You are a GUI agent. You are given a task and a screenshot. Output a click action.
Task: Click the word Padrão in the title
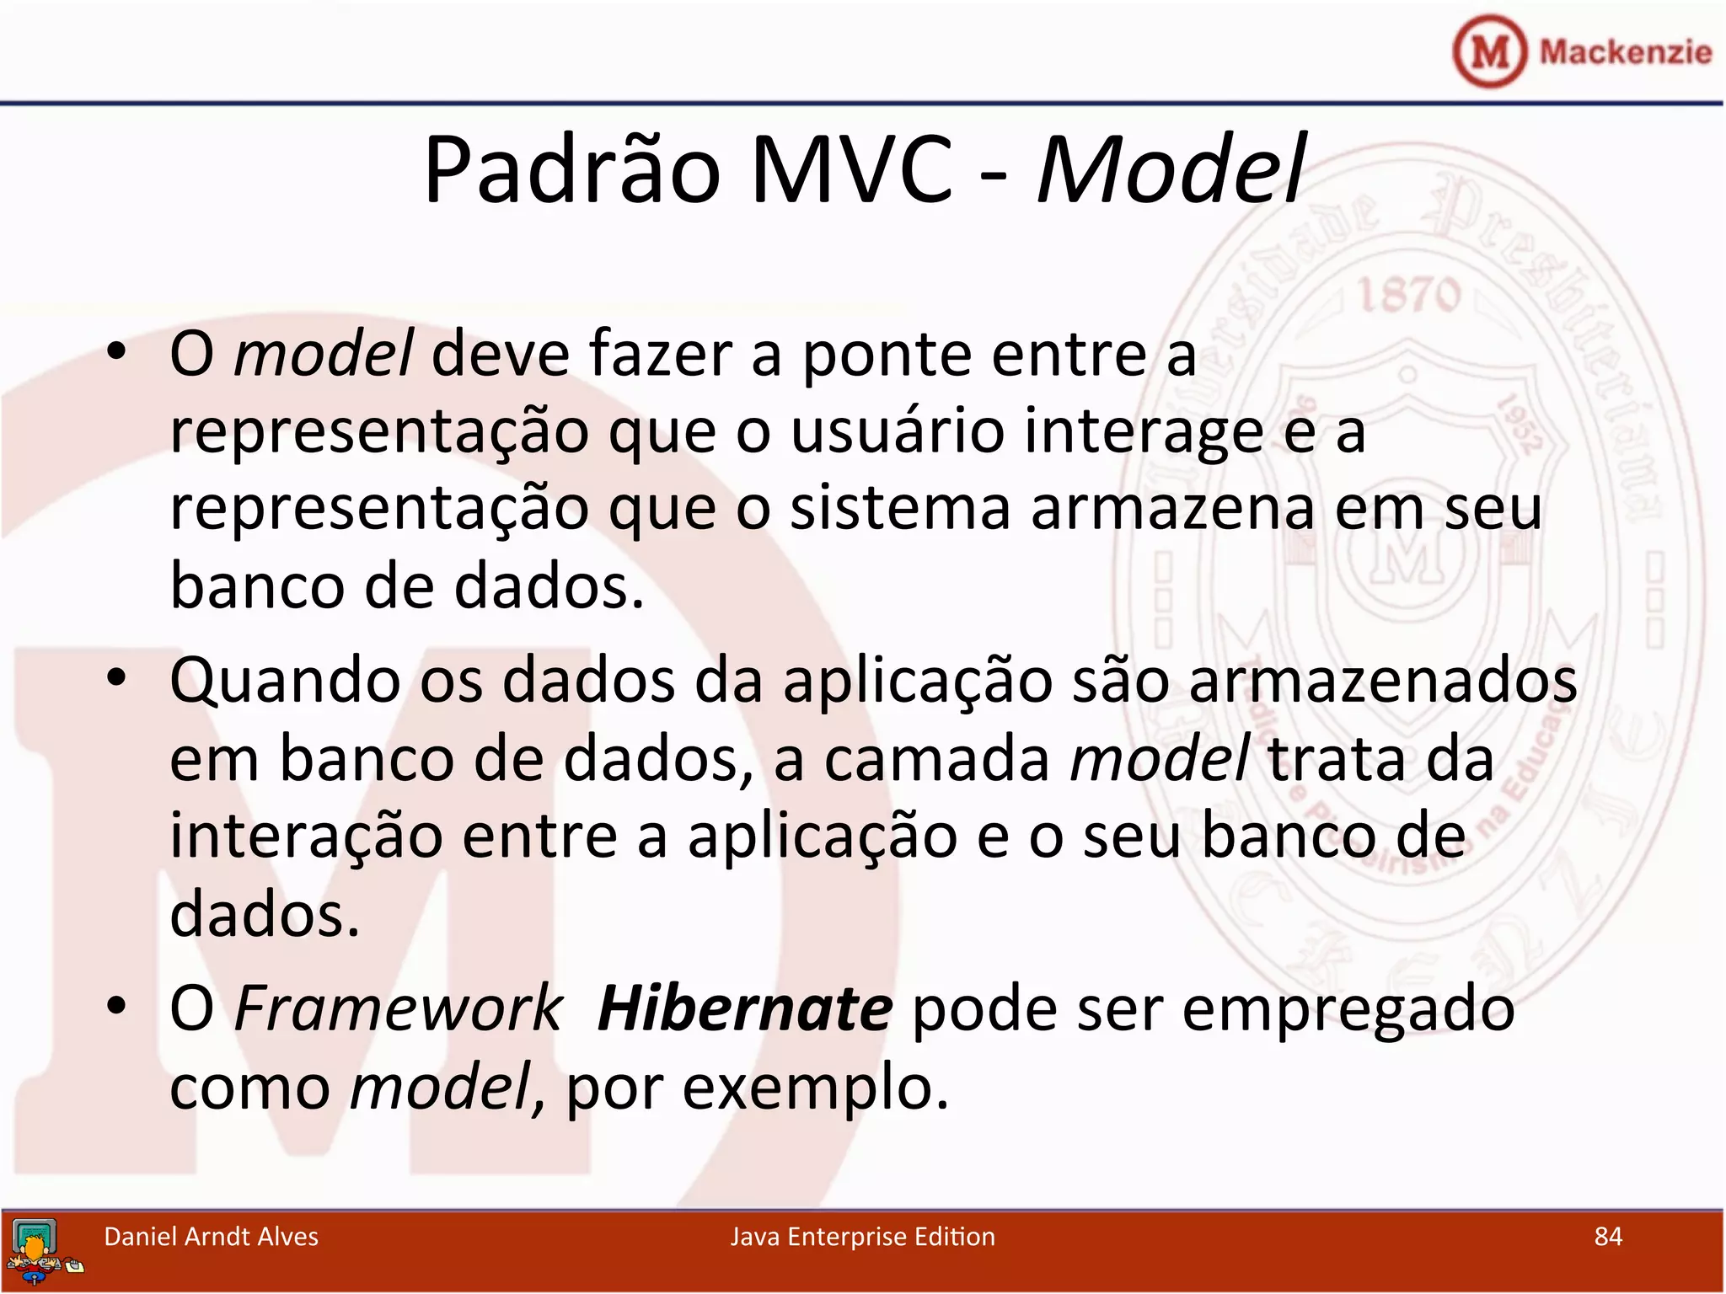pyautogui.click(x=572, y=171)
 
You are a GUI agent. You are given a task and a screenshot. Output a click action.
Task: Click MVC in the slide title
pyautogui.click(x=852, y=171)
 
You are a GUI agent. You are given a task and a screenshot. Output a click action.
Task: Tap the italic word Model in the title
pyautogui.click(x=1171, y=171)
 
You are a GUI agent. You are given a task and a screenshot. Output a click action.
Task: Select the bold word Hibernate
pyautogui.click(x=744, y=1009)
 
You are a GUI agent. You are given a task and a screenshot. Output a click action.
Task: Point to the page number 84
pyautogui.click(x=1608, y=1237)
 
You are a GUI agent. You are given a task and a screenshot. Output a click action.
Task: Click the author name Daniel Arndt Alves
pyautogui.click(x=211, y=1237)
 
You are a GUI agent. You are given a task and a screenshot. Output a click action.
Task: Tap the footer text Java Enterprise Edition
pyautogui.click(x=862, y=1237)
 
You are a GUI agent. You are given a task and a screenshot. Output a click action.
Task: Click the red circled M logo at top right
pyautogui.click(x=1490, y=52)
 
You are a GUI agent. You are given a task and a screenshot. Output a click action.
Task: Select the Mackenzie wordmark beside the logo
pyautogui.click(x=1625, y=52)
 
